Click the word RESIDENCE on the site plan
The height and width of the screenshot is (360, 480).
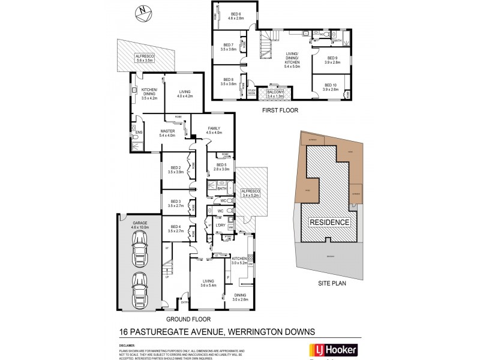click(x=329, y=222)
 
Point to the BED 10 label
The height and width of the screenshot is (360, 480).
click(x=331, y=88)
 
